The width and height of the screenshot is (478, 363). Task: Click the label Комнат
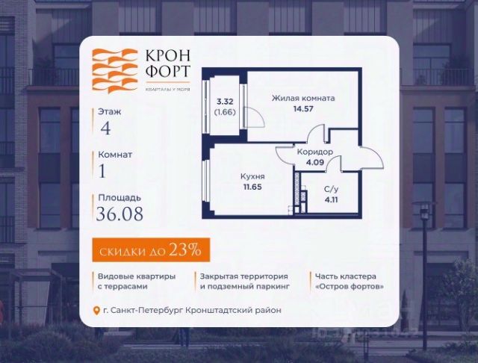pos(115,155)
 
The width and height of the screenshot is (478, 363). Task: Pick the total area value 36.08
pos(120,215)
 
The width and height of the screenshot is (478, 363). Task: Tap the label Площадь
pos(119,199)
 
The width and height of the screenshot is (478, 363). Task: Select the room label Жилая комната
pos(303,98)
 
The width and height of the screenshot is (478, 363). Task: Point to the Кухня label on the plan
pos(252,177)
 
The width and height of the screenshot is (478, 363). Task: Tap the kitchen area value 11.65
pos(252,187)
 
